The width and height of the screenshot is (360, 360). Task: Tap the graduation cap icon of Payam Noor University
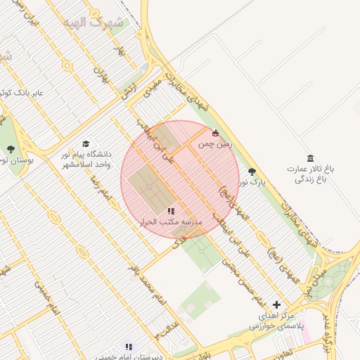86,143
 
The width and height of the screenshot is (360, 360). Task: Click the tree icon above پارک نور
252,172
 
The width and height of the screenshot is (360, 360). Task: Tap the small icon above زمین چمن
215,133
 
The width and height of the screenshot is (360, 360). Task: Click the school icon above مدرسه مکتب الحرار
170,210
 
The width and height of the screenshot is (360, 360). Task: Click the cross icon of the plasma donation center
276,305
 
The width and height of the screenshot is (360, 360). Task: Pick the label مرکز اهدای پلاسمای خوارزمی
276,321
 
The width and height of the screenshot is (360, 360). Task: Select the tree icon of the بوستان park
11,148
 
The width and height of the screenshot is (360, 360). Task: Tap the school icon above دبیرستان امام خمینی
128,347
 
